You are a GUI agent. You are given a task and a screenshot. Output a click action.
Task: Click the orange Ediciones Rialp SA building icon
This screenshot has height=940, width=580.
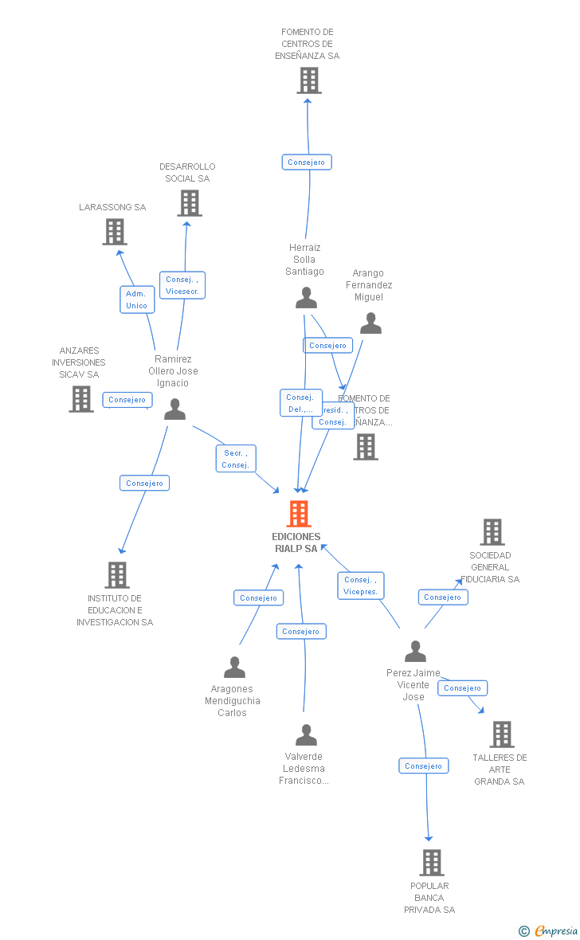tap(299, 514)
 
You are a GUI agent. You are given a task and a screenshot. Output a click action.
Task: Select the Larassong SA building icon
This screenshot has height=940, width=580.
tap(115, 232)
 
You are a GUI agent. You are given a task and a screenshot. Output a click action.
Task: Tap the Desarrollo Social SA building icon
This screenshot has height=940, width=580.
tap(189, 203)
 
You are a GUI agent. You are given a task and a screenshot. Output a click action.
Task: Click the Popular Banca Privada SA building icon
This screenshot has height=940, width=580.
tap(431, 862)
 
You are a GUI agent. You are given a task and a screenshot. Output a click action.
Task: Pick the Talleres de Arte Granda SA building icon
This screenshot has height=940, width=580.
tap(501, 734)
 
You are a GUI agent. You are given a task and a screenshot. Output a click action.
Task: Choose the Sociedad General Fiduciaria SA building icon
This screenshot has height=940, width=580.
tap(492, 532)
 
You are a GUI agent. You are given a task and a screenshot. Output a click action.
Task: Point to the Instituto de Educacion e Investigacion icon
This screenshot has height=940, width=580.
tap(117, 574)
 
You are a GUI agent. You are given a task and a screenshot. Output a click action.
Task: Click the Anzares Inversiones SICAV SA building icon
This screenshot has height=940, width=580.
tap(81, 399)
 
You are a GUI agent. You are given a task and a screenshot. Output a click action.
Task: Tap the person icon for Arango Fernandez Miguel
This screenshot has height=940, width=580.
tap(370, 323)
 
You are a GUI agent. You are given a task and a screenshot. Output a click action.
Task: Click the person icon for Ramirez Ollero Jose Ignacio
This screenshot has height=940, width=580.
tap(174, 409)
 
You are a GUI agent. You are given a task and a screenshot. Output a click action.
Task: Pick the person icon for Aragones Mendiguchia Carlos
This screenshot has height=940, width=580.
tap(234, 667)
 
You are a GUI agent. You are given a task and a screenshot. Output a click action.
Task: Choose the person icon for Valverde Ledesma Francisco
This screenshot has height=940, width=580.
tap(306, 734)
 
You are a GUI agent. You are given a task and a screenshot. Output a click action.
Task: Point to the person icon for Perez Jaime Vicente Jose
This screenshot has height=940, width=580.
tap(415, 652)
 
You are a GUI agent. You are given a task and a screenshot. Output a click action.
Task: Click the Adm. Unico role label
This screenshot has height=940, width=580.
tap(137, 300)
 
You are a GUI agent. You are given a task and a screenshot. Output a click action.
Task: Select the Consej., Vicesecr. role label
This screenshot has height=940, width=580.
tap(182, 285)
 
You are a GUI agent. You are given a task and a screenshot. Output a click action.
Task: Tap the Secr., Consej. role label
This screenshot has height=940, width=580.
tap(236, 459)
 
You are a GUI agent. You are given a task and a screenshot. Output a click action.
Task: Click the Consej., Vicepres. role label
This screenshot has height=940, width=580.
tap(360, 586)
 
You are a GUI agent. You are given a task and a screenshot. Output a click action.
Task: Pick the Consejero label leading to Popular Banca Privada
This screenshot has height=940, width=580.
tap(423, 766)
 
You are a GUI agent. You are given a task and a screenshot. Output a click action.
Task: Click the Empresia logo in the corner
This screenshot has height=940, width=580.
tap(550, 930)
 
